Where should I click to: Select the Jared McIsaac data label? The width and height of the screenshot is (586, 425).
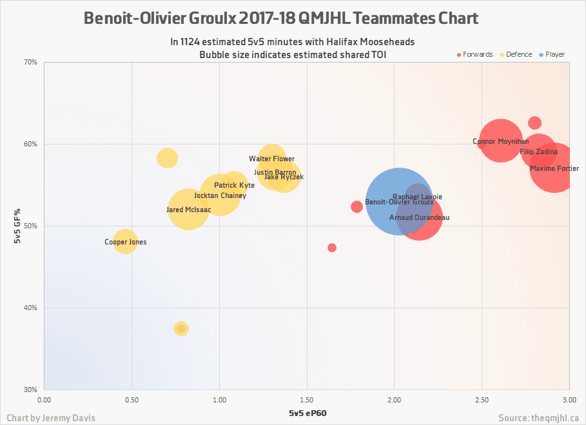(188, 210)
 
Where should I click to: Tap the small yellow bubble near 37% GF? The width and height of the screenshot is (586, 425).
(181, 329)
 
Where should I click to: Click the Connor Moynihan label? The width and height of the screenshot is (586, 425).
(500, 141)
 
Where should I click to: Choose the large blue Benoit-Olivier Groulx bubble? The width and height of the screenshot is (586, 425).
(398, 202)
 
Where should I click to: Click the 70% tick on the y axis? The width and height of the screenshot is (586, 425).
(31, 63)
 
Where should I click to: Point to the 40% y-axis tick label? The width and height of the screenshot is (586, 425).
(31, 308)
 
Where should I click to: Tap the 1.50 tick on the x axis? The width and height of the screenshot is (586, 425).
(307, 400)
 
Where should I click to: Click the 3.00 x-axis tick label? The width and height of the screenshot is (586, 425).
(569, 400)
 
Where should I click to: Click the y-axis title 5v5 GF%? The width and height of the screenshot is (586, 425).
(18, 226)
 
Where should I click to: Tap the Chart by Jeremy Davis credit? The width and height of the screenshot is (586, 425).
(51, 418)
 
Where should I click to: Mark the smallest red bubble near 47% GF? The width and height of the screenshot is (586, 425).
(332, 248)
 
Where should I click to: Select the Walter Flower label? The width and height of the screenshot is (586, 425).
(271, 159)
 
